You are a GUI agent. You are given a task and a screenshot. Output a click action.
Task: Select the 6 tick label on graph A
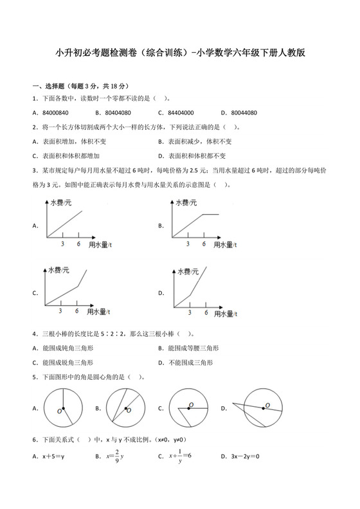pyautogui.click(x=78, y=244)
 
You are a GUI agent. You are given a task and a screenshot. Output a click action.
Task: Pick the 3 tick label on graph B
pyautogui.click(x=188, y=244)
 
